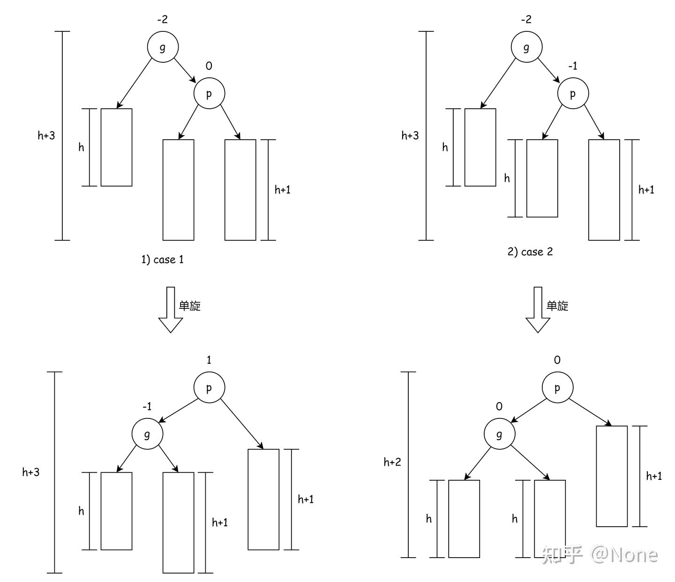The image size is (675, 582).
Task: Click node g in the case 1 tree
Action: (163, 47)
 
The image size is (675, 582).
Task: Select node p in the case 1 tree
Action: (209, 93)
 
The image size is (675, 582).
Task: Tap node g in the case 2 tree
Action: (526, 47)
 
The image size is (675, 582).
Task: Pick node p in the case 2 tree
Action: (572, 93)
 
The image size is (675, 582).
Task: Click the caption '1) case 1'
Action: (163, 259)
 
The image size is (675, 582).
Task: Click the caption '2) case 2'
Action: (530, 252)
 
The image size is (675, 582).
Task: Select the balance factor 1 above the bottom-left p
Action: (209, 360)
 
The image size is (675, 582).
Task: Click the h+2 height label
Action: (392, 462)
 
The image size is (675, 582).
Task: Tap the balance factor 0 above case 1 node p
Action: (209, 66)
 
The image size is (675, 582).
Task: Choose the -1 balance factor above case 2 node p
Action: (572, 66)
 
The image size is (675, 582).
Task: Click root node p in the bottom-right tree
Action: (557, 388)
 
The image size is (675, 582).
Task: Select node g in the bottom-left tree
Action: (147, 434)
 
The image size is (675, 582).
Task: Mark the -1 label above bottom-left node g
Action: (147, 406)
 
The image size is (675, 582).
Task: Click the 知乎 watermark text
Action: (562, 555)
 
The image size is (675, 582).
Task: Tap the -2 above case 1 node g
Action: (162, 19)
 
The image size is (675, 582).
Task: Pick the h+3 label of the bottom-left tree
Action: (31, 472)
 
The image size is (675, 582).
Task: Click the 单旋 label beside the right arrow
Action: (557, 306)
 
